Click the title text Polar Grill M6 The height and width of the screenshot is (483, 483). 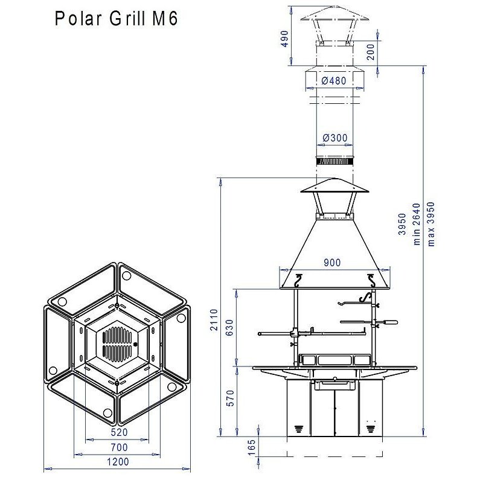pos(116,19)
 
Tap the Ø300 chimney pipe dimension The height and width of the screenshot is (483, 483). pos(334,138)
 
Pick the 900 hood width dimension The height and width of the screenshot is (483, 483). pos(332,262)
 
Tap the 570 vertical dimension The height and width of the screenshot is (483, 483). pos(230,400)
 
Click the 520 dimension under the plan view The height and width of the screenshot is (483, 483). pos(118,432)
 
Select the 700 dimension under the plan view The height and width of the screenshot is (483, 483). pos(118,447)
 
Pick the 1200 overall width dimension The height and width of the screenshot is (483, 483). pos(118,462)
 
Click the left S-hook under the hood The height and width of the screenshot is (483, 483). pos(298,280)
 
